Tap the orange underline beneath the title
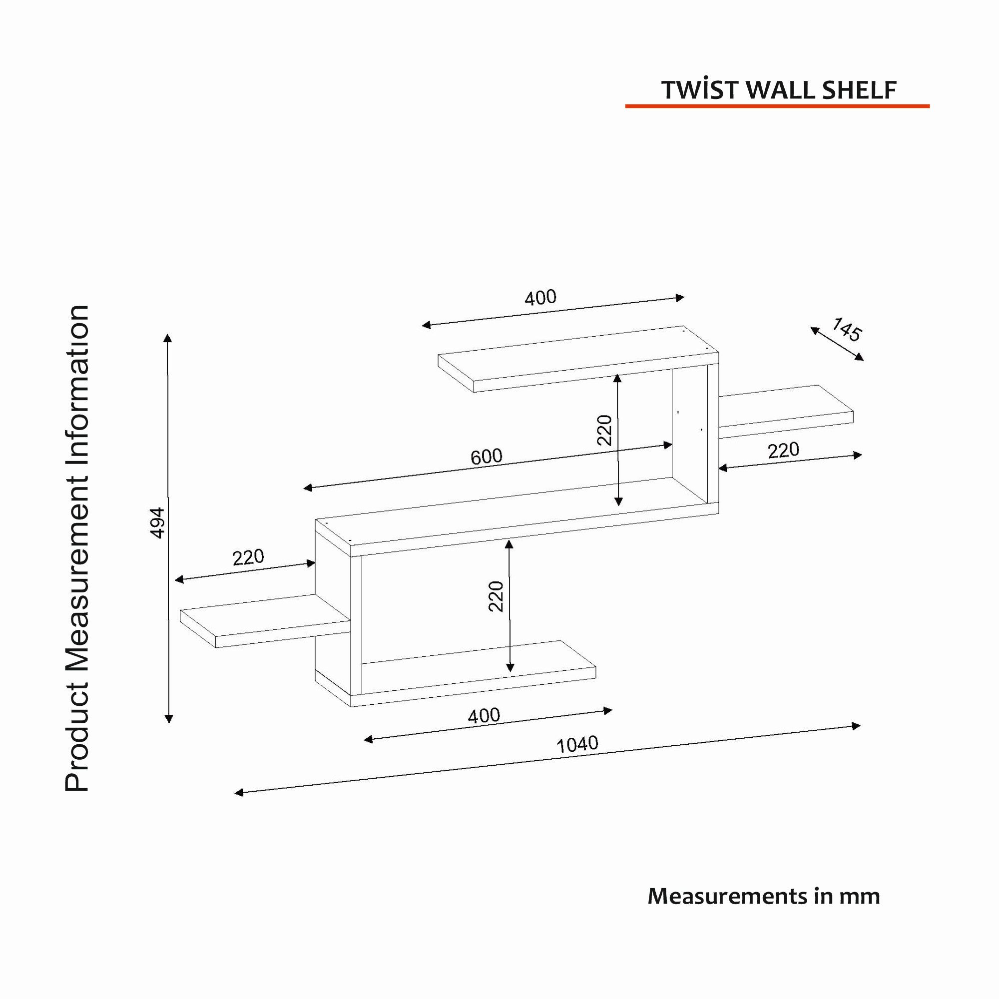click(777, 106)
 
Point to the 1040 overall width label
click(577, 745)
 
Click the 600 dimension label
click(487, 457)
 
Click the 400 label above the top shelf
click(541, 297)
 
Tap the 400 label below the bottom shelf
click(484, 716)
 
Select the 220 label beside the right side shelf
click(783, 451)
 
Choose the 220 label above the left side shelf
click(248, 558)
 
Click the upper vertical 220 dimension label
click(604, 430)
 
